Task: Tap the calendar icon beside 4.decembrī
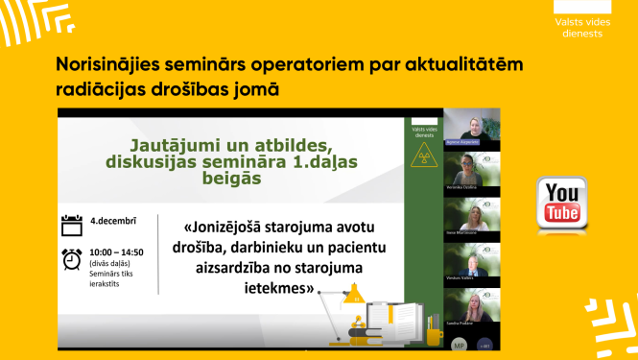pos(72,226)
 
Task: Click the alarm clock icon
pos(72,259)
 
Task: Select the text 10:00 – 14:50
pos(117,252)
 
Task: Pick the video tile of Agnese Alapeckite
pos(472,128)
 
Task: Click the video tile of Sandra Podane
pos(472,309)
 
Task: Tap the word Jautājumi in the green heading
pos(172,145)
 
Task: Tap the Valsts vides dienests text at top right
pos(579,28)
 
